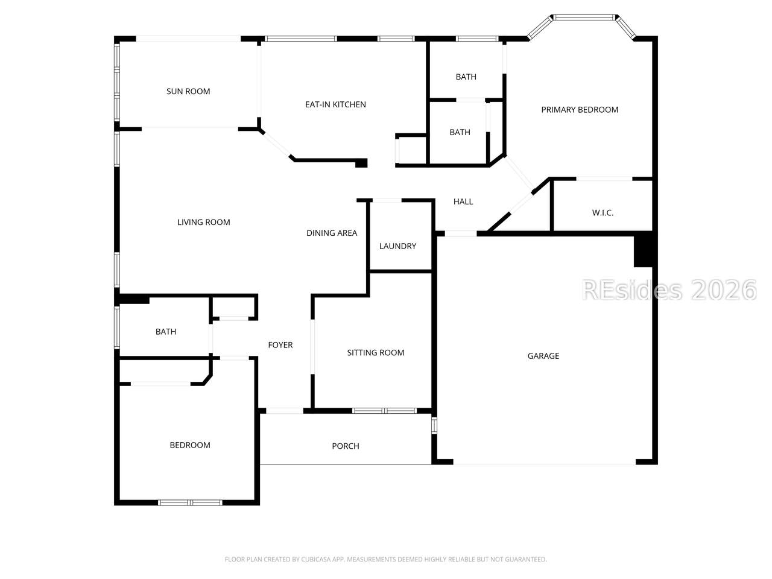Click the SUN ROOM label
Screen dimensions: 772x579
coord(188,92)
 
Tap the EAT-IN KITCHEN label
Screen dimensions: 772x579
coord(335,104)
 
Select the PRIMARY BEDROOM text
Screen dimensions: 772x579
coord(580,110)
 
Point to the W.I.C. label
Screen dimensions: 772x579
coord(603,213)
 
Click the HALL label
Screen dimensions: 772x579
coord(463,201)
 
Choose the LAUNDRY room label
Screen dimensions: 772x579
coord(397,246)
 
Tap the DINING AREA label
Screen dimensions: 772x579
coord(332,233)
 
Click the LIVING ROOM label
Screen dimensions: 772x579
coord(204,222)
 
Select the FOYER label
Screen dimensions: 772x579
coord(280,345)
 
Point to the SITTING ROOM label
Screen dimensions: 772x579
coord(376,353)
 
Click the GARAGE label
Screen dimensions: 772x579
coord(543,356)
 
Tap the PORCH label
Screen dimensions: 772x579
coord(346,446)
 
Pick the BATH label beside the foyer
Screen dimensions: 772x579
coord(166,332)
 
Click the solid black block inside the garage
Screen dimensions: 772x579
coord(644,252)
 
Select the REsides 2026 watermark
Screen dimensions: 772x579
coord(669,290)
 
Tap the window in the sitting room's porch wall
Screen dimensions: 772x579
coord(384,411)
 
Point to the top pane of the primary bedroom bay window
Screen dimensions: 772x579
coord(584,17)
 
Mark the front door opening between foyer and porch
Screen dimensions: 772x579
coord(284,411)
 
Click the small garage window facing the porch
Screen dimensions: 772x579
coord(434,425)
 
